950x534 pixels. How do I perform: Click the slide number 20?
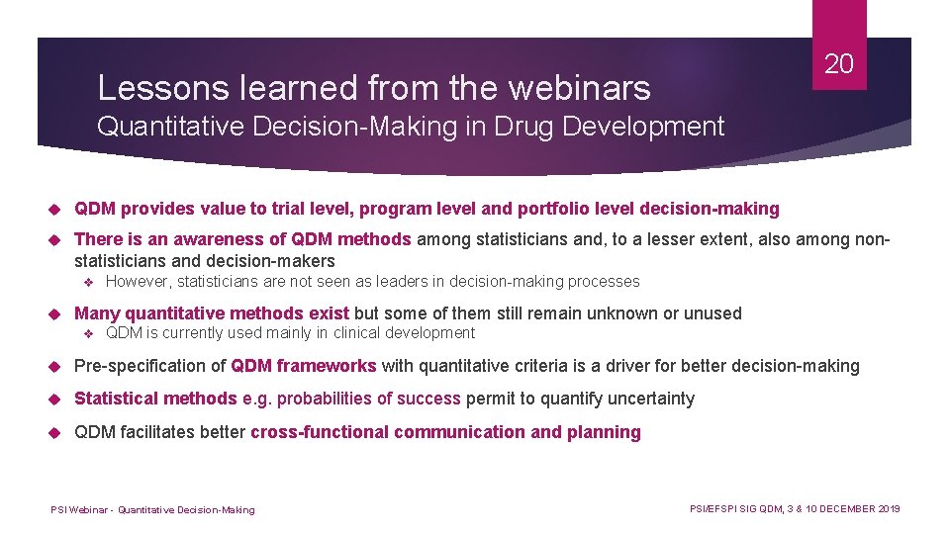click(838, 65)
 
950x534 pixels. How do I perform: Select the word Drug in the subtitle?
click(506, 127)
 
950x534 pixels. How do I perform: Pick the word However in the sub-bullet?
click(138, 282)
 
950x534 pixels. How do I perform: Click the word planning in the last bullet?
click(604, 432)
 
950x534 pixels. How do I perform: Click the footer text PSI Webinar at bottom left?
click(79, 510)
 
